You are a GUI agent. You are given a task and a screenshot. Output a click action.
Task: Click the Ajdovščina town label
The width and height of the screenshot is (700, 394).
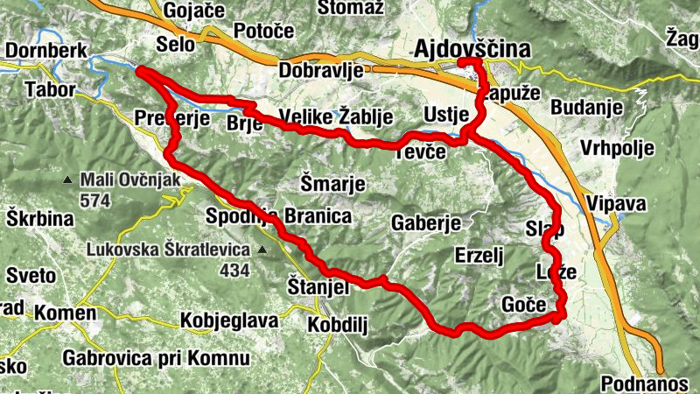click(474, 49)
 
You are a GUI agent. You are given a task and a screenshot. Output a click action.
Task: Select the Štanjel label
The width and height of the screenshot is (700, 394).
click(318, 286)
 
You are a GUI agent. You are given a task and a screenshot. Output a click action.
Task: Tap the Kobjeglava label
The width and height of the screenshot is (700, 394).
click(228, 320)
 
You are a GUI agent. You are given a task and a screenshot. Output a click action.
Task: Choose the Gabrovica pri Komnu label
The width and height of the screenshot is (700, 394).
click(156, 357)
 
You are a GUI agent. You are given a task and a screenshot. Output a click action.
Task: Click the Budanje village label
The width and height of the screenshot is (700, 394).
click(587, 108)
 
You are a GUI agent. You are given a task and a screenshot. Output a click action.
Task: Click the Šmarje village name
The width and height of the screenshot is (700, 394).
click(332, 184)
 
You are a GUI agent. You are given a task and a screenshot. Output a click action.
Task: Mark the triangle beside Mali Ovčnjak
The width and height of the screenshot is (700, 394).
click(68, 181)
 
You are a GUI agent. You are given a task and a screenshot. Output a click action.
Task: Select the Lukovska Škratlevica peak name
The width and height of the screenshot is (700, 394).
click(168, 249)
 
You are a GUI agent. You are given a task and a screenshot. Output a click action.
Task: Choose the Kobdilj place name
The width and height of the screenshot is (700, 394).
click(337, 324)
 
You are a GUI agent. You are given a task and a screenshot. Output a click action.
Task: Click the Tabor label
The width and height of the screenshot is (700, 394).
click(51, 89)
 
